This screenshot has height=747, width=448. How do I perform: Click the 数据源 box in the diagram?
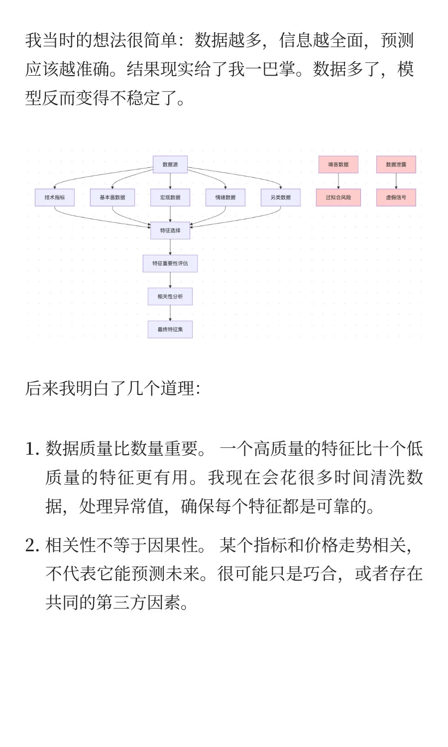pyautogui.click(x=170, y=164)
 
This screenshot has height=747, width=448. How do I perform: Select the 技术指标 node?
pyautogui.click(x=55, y=198)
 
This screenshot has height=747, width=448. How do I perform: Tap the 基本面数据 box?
pyautogui.click(x=112, y=198)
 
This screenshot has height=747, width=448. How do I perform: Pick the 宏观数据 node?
pyautogui.click(x=170, y=198)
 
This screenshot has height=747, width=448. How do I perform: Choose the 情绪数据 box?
pyautogui.click(x=225, y=198)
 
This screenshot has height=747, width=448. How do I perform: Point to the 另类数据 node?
pyautogui.click(x=281, y=198)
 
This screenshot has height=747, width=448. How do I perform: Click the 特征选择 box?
pyautogui.click(x=170, y=231)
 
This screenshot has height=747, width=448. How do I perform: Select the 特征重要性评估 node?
pyautogui.click(x=170, y=263)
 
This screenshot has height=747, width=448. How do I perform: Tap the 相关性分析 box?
pyautogui.click(x=170, y=296)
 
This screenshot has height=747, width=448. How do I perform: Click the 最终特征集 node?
pyautogui.click(x=170, y=329)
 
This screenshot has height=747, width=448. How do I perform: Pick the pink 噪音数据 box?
pyautogui.click(x=338, y=164)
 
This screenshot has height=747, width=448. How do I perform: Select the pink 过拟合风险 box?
pyautogui.click(x=338, y=198)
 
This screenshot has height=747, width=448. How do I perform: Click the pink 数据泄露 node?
pyautogui.click(x=396, y=164)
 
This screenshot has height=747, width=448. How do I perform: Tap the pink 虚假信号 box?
pyautogui.click(x=396, y=198)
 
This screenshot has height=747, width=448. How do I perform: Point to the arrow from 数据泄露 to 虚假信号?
pyautogui.click(x=396, y=181)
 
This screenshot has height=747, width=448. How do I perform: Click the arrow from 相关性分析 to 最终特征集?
pyautogui.click(x=170, y=313)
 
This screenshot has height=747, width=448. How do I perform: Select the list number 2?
pyautogui.click(x=32, y=546)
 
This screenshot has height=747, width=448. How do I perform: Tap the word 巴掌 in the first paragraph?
pyautogui.click(x=279, y=69)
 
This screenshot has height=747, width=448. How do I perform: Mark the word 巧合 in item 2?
pyautogui.click(x=320, y=574)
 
